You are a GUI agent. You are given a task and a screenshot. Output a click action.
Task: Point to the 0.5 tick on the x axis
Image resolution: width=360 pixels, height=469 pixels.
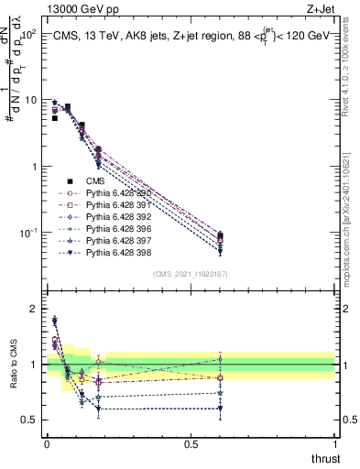(x=191, y=443)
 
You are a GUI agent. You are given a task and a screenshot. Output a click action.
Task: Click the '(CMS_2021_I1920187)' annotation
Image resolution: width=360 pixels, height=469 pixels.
(x=191, y=273)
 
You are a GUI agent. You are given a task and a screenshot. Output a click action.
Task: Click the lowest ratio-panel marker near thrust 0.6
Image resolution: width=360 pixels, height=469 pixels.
(x=220, y=409)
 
